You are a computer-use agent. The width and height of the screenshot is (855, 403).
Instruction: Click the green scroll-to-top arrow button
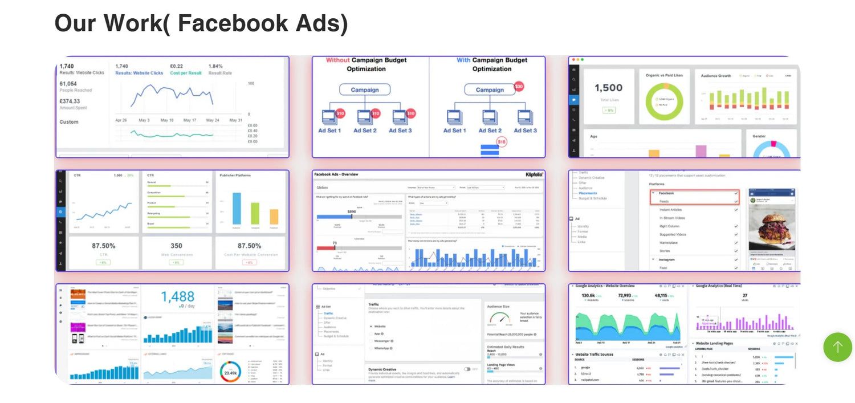837,347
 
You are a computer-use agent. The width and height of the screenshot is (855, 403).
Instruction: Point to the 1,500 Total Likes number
608,88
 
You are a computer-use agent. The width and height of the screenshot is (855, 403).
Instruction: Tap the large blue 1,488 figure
177,297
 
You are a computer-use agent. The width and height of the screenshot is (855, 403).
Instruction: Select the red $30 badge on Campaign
518,87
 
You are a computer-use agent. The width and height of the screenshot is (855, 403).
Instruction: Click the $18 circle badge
502,141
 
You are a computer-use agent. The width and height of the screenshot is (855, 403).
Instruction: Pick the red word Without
337,60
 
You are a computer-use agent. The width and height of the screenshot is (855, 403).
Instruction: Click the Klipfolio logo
534,174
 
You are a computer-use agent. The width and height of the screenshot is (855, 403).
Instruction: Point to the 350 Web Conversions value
176,246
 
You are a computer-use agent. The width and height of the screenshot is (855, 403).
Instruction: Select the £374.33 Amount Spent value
70,101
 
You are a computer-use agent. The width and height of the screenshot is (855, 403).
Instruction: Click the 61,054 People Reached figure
68,84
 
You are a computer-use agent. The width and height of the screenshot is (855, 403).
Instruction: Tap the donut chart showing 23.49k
230,372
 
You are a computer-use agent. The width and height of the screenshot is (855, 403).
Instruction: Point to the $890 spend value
352,211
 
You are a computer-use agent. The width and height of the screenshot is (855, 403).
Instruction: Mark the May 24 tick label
213,120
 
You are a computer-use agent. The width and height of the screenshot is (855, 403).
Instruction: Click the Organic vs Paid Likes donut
664,102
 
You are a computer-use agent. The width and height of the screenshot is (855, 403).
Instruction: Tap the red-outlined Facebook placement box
694,197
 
